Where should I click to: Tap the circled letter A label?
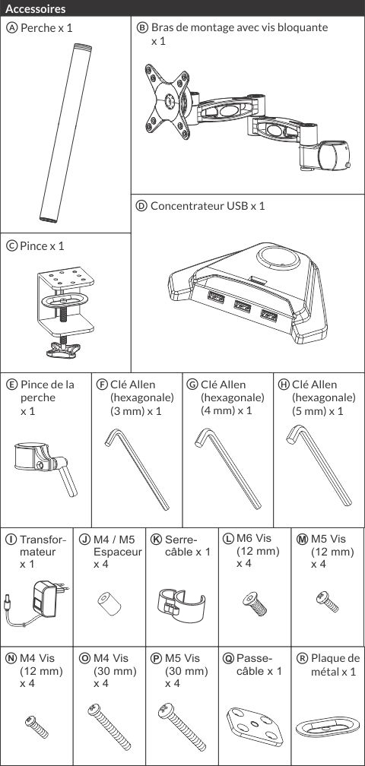(x=11, y=27)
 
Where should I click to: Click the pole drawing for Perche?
(x=65, y=133)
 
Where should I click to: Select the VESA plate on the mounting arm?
(x=167, y=101)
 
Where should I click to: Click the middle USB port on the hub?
(x=243, y=305)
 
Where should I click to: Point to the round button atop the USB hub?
(x=278, y=257)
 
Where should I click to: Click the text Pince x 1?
(x=42, y=245)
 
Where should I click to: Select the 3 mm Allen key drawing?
(x=138, y=469)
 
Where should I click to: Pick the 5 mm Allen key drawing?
(x=319, y=465)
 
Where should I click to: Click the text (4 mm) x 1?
(x=227, y=410)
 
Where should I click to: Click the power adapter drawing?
(x=36, y=603)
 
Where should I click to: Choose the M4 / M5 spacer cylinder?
(x=109, y=604)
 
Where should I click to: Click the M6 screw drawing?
(x=255, y=603)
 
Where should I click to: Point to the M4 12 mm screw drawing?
(x=36, y=726)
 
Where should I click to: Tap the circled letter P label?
(x=157, y=659)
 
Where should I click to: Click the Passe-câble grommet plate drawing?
(x=255, y=726)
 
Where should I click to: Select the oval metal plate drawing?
(x=328, y=727)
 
